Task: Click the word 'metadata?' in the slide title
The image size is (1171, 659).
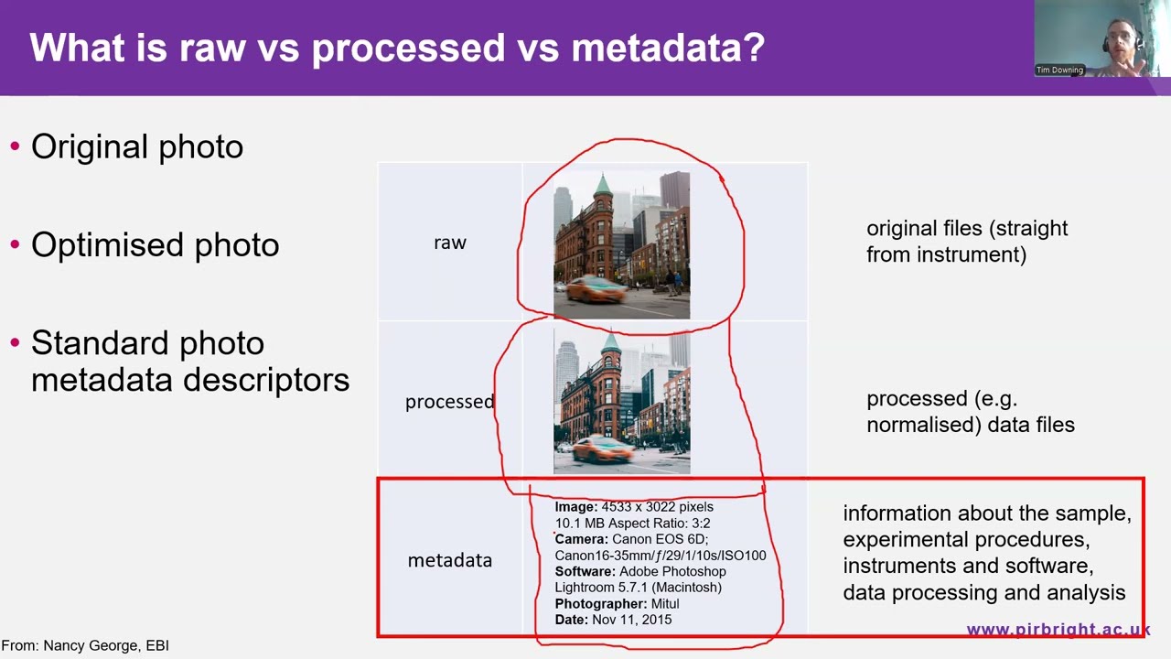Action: click(x=668, y=48)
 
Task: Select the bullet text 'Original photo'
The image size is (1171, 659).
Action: click(x=137, y=146)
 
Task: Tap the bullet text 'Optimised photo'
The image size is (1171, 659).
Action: click(x=156, y=245)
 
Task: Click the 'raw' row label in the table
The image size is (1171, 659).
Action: click(x=449, y=243)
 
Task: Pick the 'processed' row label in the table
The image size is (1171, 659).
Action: click(x=449, y=402)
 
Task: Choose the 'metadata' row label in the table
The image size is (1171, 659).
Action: click(x=449, y=561)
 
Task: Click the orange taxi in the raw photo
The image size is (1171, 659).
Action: click(x=595, y=291)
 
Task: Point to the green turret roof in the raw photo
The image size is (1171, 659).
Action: click(x=603, y=186)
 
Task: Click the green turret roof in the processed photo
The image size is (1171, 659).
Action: click(x=610, y=342)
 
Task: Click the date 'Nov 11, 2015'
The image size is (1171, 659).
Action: click(x=631, y=620)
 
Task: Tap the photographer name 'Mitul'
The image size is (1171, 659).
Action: click(x=665, y=603)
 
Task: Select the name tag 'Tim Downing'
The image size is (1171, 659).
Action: click(x=1059, y=70)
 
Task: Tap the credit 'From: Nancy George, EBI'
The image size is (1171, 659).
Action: click(x=85, y=646)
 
